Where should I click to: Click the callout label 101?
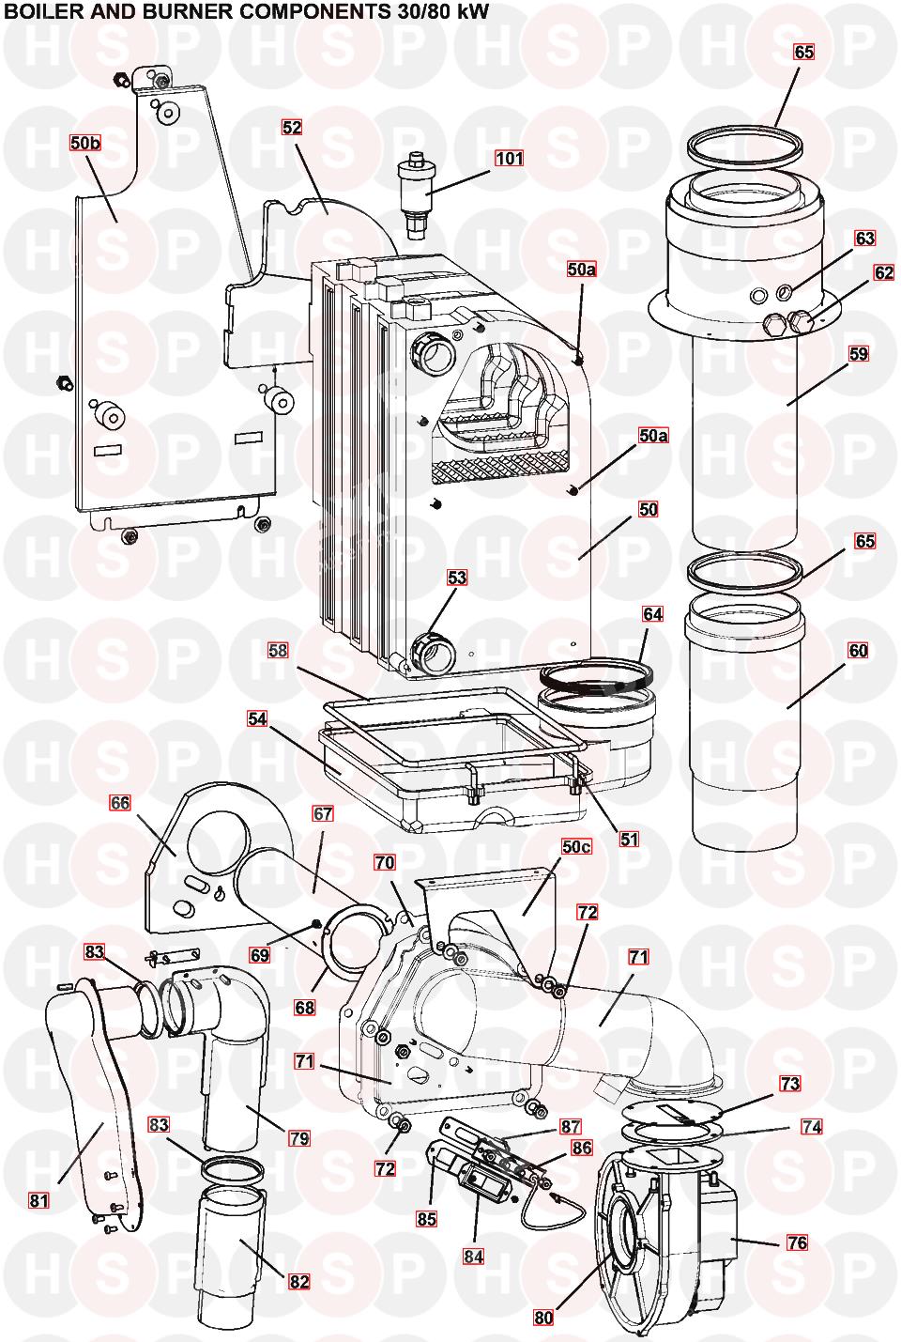coord(509,159)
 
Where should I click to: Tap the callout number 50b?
coord(85,143)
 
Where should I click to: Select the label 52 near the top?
coord(292,127)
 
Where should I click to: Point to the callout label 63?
coord(864,239)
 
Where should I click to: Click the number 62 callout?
coord(884,272)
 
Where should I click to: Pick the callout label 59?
coord(859,353)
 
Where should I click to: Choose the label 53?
coord(457,578)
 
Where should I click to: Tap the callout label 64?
coord(652,614)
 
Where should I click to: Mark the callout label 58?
coord(278,650)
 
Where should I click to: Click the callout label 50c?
coord(576,846)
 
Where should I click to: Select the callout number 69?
coord(260,955)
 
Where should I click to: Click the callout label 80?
coord(543,1318)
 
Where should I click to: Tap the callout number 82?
coord(299,1282)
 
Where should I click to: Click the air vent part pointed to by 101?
coord(414,193)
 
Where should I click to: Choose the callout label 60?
coord(859,650)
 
